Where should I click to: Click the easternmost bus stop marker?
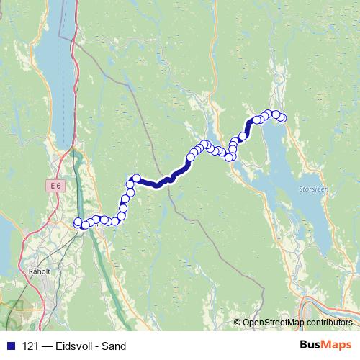click(282, 118)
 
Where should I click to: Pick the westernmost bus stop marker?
click(78, 222)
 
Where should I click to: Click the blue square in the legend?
click(9, 346)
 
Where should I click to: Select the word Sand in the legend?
click(113, 346)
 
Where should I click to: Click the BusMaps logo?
click(325, 345)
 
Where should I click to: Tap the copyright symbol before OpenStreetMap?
click(237, 323)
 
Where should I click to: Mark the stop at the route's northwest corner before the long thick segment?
click(135, 178)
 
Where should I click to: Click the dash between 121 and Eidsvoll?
click(46, 346)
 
